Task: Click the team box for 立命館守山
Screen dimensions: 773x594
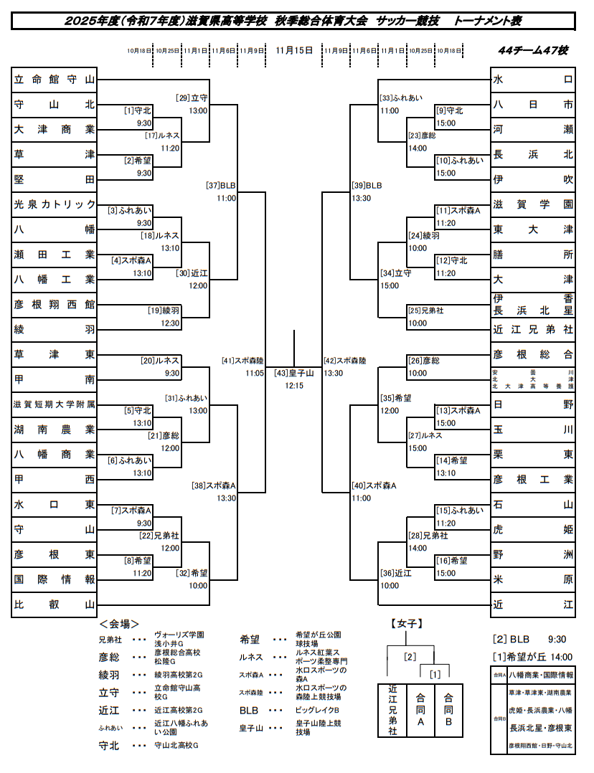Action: (55, 80)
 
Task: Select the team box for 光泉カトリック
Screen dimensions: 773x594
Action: (55, 204)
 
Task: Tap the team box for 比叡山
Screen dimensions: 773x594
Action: (55, 604)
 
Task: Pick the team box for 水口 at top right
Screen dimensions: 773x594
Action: (533, 80)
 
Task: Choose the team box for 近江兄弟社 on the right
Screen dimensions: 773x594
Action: (533, 330)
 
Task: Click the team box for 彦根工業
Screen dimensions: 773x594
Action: (533, 479)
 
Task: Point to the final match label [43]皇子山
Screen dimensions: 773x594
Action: (294, 374)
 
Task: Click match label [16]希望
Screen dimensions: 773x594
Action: (452, 561)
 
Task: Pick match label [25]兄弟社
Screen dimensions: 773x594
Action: (425, 310)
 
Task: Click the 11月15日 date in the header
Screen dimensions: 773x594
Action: (294, 50)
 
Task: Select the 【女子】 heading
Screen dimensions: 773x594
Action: (406, 624)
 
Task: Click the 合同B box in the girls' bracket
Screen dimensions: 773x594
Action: (448, 710)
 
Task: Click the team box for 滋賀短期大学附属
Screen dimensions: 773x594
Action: (55, 404)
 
